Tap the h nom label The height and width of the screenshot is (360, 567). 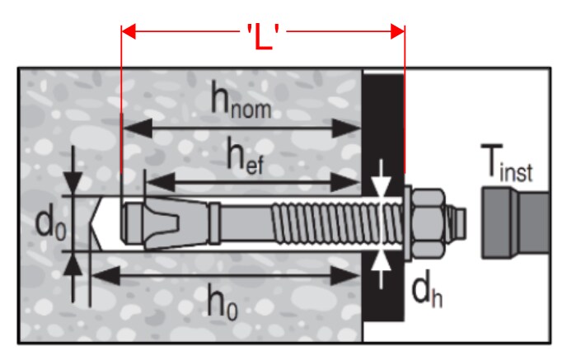(241, 101)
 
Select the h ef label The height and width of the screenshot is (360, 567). (245, 156)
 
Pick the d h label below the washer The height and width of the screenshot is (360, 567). (427, 292)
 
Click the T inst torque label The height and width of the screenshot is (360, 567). (507, 162)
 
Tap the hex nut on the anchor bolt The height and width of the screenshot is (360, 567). (429, 223)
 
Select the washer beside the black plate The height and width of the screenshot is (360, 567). (407, 223)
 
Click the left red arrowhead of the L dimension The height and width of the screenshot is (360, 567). (129, 31)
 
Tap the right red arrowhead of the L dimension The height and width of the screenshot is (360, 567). (397, 31)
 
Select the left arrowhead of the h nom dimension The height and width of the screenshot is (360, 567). (138, 128)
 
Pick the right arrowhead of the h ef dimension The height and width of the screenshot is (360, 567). (345, 182)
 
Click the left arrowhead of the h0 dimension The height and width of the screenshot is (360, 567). (105, 276)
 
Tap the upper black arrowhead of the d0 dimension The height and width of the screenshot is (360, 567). (73, 184)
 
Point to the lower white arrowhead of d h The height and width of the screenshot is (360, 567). (381, 261)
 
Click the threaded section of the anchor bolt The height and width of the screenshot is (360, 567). (336, 223)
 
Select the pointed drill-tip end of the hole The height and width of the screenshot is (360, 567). (96, 223)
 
